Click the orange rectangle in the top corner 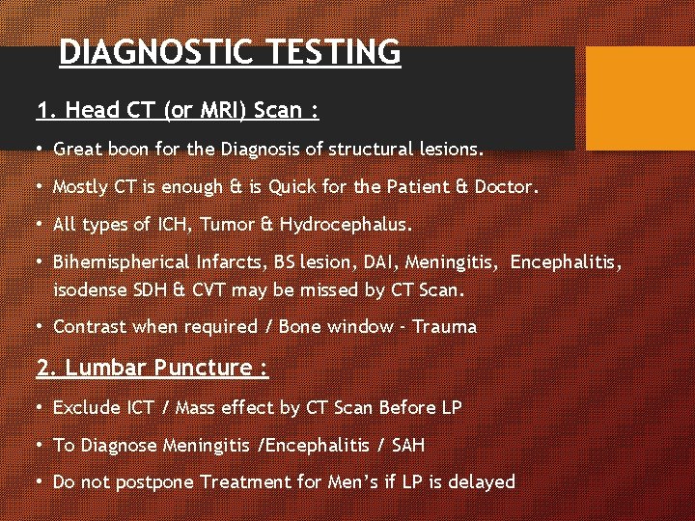tap(640, 98)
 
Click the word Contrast tap(90, 326)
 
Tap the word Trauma tap(444, 326)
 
